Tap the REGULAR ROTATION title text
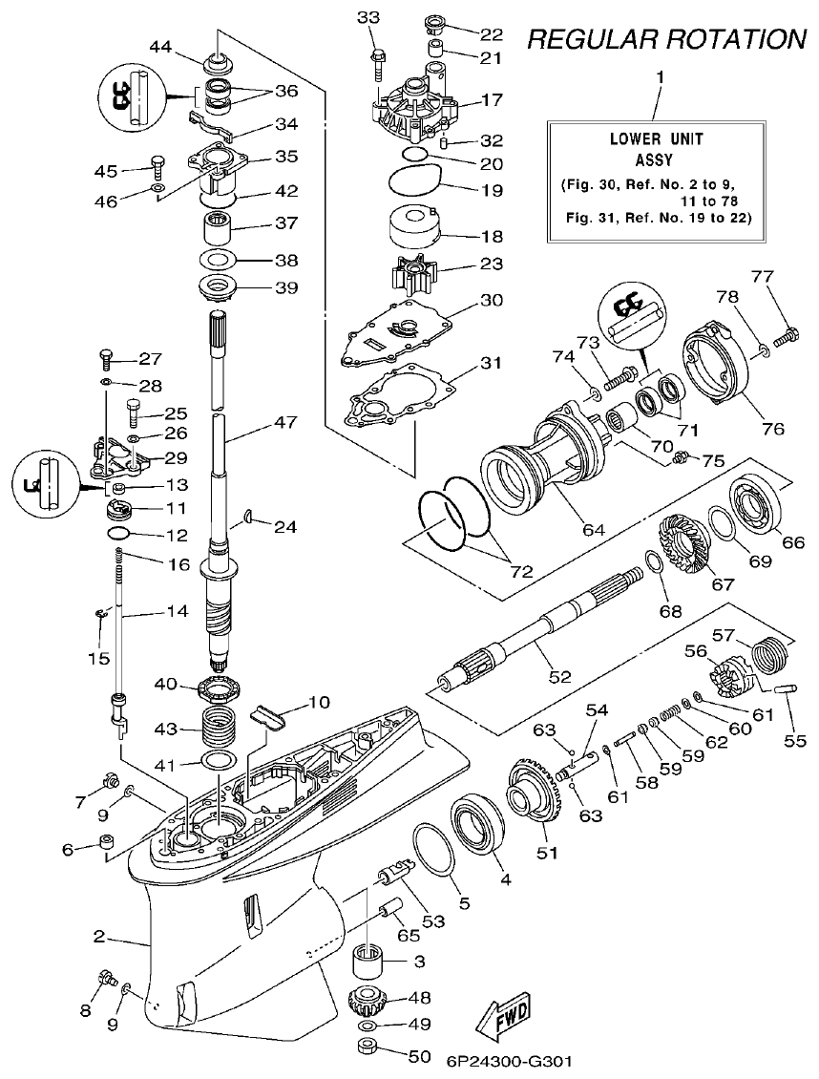point(666,39)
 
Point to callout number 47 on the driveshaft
point(286,421)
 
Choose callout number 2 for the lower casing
point(99,937)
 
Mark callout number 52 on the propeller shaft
point(559,677)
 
